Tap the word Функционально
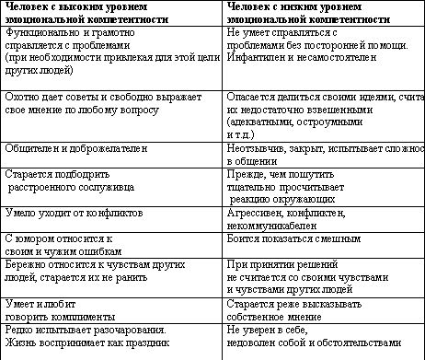pos(36,31)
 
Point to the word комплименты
pos(79,312)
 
